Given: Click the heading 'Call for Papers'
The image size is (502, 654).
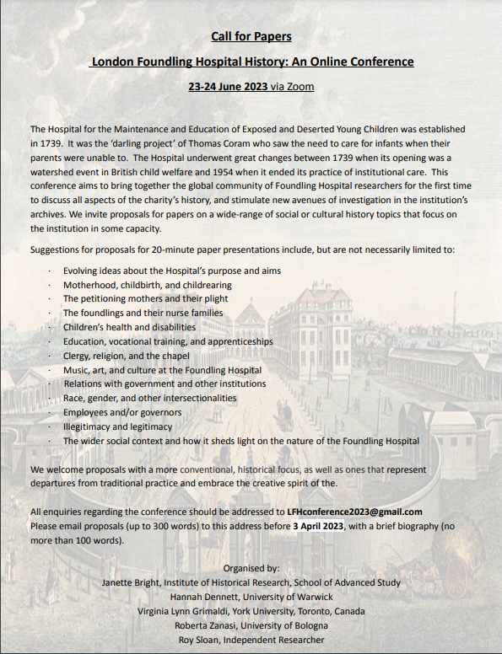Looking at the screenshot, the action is point(251,37).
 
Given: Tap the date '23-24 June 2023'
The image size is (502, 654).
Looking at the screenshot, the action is point(228,87).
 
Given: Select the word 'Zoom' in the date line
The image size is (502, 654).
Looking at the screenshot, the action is point(300,87).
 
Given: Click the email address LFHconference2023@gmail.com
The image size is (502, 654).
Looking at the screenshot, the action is point(348,512).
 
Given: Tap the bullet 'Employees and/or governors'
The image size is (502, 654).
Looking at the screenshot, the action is point(121,412).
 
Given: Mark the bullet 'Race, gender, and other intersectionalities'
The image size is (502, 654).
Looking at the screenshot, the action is point(149,398).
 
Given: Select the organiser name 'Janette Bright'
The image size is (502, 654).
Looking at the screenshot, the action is point(131,582).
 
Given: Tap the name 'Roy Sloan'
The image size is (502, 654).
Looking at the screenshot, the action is point(197,640).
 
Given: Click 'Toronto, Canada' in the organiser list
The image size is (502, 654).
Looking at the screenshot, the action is point(328,611).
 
